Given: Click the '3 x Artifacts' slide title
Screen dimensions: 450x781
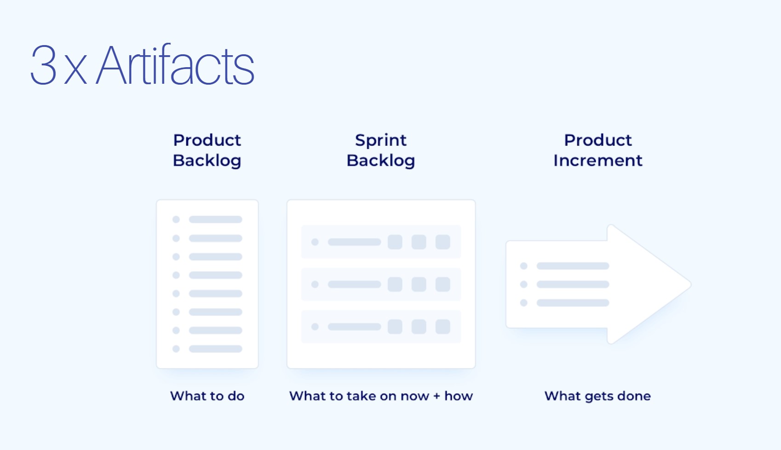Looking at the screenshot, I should click(142, 65).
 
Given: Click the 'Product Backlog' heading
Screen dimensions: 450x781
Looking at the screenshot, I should click(207, 150).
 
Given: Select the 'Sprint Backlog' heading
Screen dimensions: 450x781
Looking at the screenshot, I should click(381, 150).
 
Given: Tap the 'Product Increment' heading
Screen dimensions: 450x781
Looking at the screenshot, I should click(597, 150).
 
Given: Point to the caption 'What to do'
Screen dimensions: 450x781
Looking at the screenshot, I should click(207, 396).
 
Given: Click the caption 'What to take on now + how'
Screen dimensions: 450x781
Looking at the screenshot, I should click(381, 396).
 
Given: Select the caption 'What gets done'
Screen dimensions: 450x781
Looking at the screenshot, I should click(597, 396).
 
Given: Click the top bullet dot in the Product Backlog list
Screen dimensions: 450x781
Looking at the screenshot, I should click(176, 219).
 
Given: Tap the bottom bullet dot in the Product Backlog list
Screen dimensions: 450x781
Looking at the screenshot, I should click(176, 349).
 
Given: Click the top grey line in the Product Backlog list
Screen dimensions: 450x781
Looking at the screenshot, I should click(215, 219).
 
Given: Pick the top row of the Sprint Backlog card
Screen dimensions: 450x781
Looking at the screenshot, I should click(381, 242).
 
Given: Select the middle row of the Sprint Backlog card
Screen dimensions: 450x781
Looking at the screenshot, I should click(381, 284).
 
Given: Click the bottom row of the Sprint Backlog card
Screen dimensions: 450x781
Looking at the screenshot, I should click(381, 327).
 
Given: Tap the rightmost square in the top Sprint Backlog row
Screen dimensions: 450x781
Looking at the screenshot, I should click(442, 242).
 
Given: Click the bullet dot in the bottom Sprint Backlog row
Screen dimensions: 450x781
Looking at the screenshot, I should click(315, 327).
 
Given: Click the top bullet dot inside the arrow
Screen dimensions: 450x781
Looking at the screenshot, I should click(523, 266).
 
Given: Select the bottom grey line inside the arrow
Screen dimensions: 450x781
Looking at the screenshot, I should click(573, 303).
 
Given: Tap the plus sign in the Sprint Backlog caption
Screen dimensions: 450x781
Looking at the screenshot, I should click(436, 396).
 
